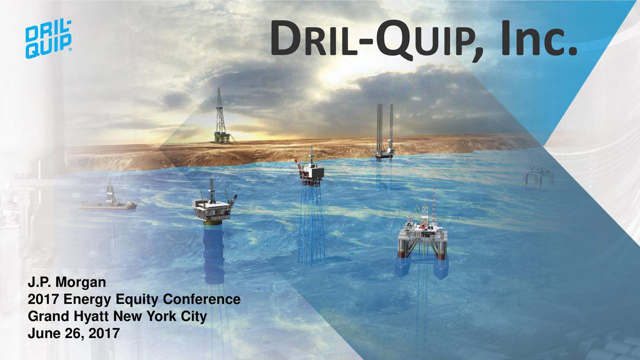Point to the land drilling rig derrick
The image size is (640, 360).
220,117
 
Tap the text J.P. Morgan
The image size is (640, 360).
66,283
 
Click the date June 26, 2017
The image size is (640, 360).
73,332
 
